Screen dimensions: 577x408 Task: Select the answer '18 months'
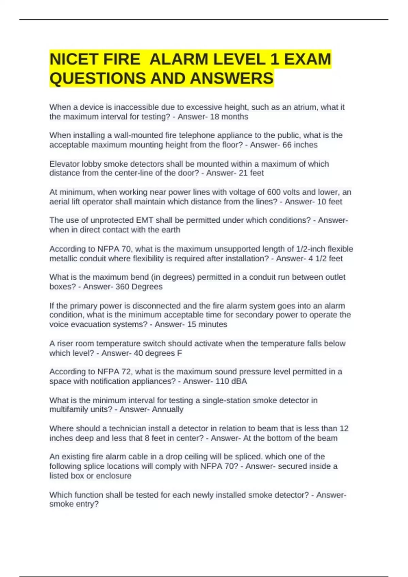click(230, 117)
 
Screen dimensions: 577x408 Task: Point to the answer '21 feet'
click(252, 173)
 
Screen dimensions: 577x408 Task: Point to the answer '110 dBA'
click(231, 381)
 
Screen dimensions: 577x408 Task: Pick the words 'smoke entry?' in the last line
click(74, 504)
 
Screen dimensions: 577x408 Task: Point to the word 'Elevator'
click(64, 164)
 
